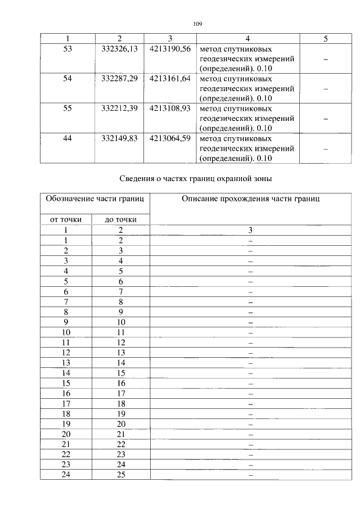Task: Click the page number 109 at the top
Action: coord(197,24)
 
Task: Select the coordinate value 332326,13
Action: coord(119,49)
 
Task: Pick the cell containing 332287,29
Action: coord(119,79)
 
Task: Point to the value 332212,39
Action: coord(119,109)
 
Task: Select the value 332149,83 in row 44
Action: coord(119,138)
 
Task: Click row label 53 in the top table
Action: coord(67,49)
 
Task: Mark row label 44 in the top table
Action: coord(67,138)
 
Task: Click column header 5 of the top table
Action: coord(326,39)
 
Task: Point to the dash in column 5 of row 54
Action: coord(326,89)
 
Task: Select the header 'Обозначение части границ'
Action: coord(94,199)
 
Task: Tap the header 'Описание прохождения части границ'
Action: coord(251,199)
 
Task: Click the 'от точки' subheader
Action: coord(66,219)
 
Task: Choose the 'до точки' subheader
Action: coord(121,219)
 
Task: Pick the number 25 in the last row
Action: coord(121,475)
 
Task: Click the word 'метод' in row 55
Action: coord(211,109)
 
